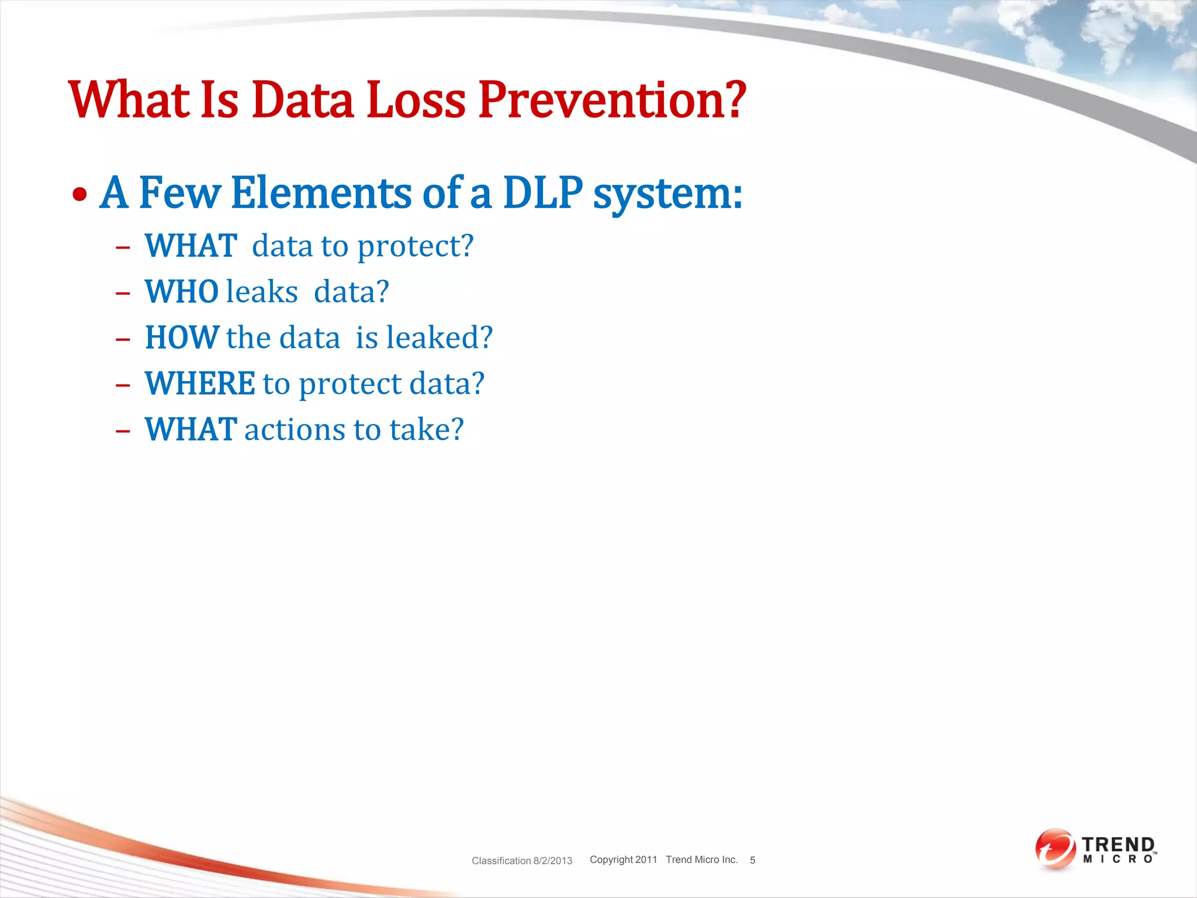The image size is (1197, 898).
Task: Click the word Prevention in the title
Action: point(612,101)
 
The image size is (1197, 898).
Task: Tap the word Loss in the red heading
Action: point(416,101)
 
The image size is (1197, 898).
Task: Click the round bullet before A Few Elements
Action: point(80,195)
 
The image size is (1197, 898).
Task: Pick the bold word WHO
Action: point(182,292)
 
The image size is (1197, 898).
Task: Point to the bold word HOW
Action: point(182,338)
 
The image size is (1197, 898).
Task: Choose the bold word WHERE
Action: point(200,384)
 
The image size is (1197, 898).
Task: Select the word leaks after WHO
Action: point(262,292)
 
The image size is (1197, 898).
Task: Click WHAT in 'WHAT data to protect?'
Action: point(191,246)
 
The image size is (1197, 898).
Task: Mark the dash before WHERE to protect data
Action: point(123,385)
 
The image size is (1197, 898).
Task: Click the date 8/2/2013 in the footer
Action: point(552,861)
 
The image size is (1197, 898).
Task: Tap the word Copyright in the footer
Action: point(611,859)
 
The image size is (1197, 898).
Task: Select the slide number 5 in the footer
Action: point(752,860)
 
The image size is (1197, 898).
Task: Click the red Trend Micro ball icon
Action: point(1055,848)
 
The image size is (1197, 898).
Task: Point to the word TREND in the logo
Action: point(1118,845)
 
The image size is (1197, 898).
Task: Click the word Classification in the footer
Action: point(501,861)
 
